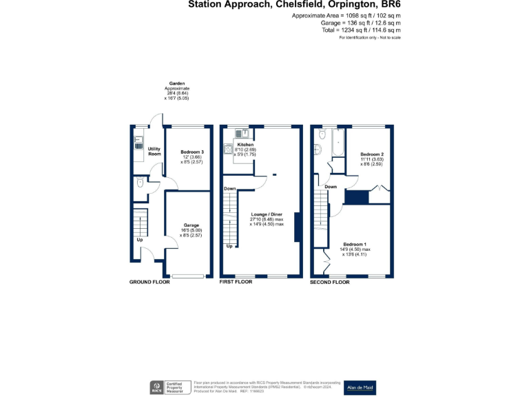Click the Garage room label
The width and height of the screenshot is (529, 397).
(191, 225)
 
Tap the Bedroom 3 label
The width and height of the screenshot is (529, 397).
(192, 152)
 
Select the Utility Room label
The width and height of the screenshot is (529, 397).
(154, 151)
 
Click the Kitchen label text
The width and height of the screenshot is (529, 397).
(245, 145)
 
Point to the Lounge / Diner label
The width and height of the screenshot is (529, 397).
(266, 214)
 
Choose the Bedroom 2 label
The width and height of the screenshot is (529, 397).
(372, 154)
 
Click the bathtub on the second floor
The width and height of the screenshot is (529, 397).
(338, 143)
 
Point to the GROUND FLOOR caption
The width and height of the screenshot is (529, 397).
(150, 283)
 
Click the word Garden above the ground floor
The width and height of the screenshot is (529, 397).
(177, 83)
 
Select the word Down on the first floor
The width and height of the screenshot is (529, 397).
(230, 188)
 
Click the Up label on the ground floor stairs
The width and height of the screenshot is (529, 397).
(140, 240)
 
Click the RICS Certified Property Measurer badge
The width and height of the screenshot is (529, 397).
(167, 387)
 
